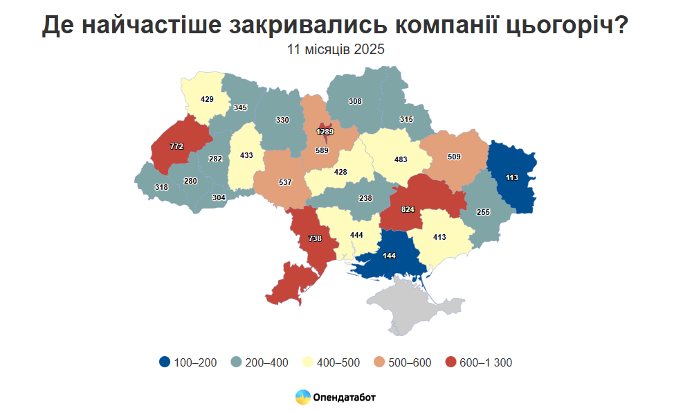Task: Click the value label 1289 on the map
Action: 325,132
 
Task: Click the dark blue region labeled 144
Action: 389,256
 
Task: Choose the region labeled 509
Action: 454,157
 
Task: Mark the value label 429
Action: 206,99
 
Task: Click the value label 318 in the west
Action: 161,187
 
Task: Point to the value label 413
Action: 439,238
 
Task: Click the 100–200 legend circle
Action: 164,362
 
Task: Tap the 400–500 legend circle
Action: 307,362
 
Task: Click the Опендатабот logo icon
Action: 302,397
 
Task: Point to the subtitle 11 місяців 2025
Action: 336,50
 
